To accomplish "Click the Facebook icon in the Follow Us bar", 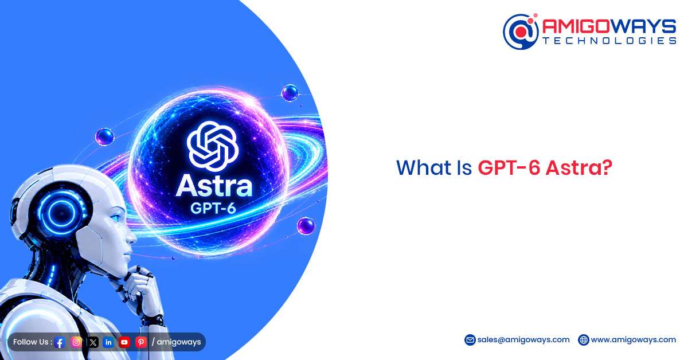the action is [x=60, y=342].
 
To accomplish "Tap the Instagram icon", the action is [x=76, y=342].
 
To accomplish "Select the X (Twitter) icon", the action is [x=93, y=342].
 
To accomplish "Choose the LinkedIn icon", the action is [x=108, y=342].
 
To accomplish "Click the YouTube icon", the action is [x=124, y=342].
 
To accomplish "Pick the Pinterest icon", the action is [x=141, y=342].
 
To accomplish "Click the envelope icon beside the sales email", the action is [x=470, y=340].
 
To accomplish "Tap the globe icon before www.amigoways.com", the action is [x=583, y=340].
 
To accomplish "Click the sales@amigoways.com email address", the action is [x=523, y=340].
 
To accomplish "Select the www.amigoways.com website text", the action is [x=634, y=340].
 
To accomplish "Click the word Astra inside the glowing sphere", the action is [x=214, y=186].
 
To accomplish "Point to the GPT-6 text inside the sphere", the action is [x=213, y=208].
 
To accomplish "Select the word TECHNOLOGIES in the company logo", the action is [x=609, y=41].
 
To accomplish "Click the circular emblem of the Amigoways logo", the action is [x=521, y=32].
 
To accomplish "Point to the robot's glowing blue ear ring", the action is [x=61, y=212].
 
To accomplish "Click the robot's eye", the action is [x=116, y=218].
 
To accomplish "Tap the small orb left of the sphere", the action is [x=105, y=136].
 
